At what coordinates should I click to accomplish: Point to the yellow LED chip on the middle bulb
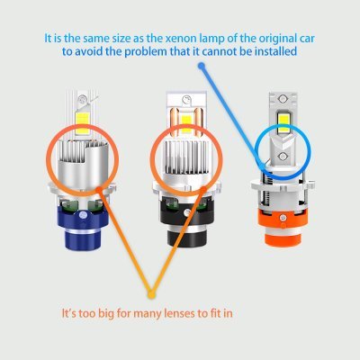[186, 117]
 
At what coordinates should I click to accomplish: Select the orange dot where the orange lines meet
[150, 294]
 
